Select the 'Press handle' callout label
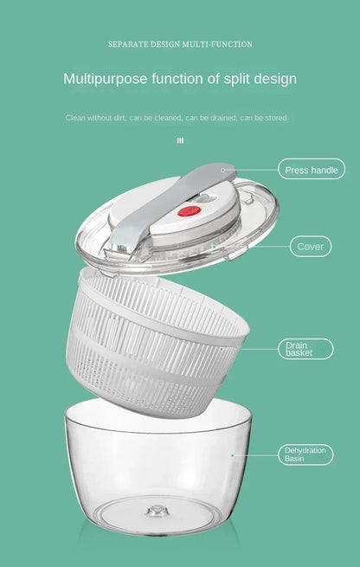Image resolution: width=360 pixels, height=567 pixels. pos(312,169)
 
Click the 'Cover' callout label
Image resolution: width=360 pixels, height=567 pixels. pos(311,246)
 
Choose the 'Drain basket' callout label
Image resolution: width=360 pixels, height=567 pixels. pos(305,349)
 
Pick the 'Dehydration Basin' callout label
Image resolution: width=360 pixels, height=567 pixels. pos(305,454)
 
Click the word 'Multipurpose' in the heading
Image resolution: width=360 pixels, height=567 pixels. pos(106,79)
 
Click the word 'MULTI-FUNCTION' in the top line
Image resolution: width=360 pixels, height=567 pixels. pos(217,44)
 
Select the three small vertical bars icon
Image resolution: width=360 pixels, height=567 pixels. pos(180,140)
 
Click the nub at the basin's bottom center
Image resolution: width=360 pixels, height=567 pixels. pos(157,512)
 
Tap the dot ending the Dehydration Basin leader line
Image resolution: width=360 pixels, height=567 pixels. pos(233,455)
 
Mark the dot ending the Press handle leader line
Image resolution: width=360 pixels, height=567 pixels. pos(223,170)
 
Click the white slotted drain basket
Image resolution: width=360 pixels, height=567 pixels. pos(157,344)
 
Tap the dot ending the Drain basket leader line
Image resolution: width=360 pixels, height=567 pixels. pos(222,350)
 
